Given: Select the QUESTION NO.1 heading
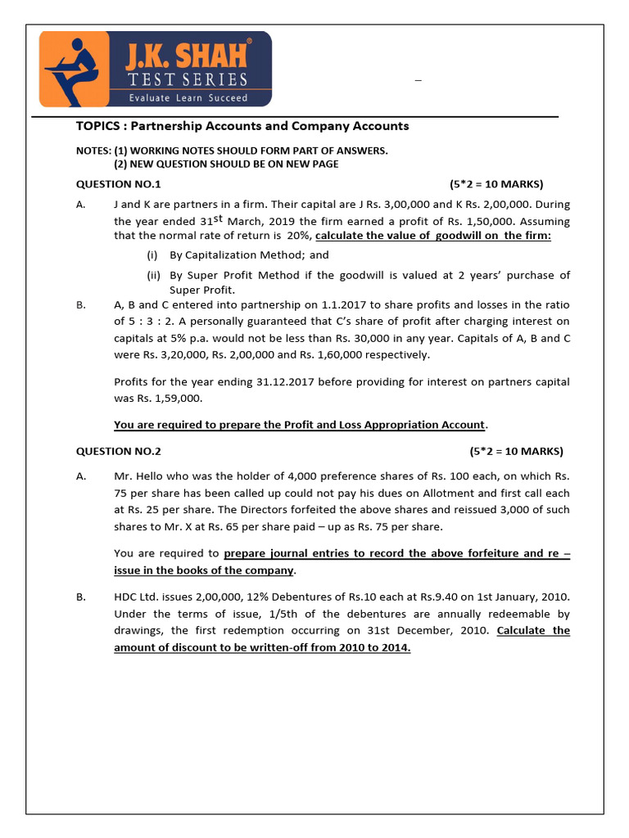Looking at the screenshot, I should (119, 184).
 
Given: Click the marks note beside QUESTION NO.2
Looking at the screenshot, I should (516, 451).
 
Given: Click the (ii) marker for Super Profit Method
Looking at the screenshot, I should (154, 275).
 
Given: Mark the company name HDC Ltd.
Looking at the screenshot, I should (137, 598).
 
